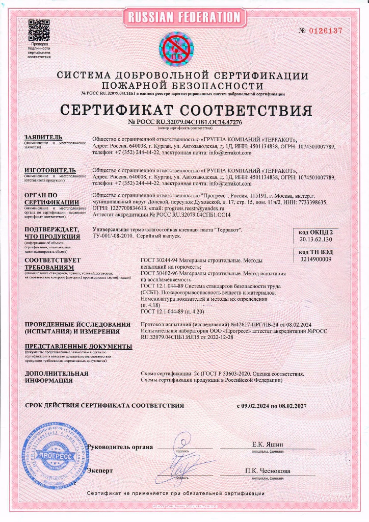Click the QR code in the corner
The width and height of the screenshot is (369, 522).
pos(39,30)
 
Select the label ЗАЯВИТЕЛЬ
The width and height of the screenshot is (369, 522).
pos(43,138)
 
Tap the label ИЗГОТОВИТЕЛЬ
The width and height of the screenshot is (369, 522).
pos(50,169)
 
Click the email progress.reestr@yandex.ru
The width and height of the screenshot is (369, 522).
pos(196,209)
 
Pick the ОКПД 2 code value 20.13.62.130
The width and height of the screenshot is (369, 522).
pos(317,239)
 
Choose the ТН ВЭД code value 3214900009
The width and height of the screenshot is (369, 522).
pos(317,259)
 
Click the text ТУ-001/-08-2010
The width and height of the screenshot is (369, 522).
pos(116,239)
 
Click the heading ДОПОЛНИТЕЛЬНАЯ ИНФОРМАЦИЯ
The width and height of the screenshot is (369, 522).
pos(57,377)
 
